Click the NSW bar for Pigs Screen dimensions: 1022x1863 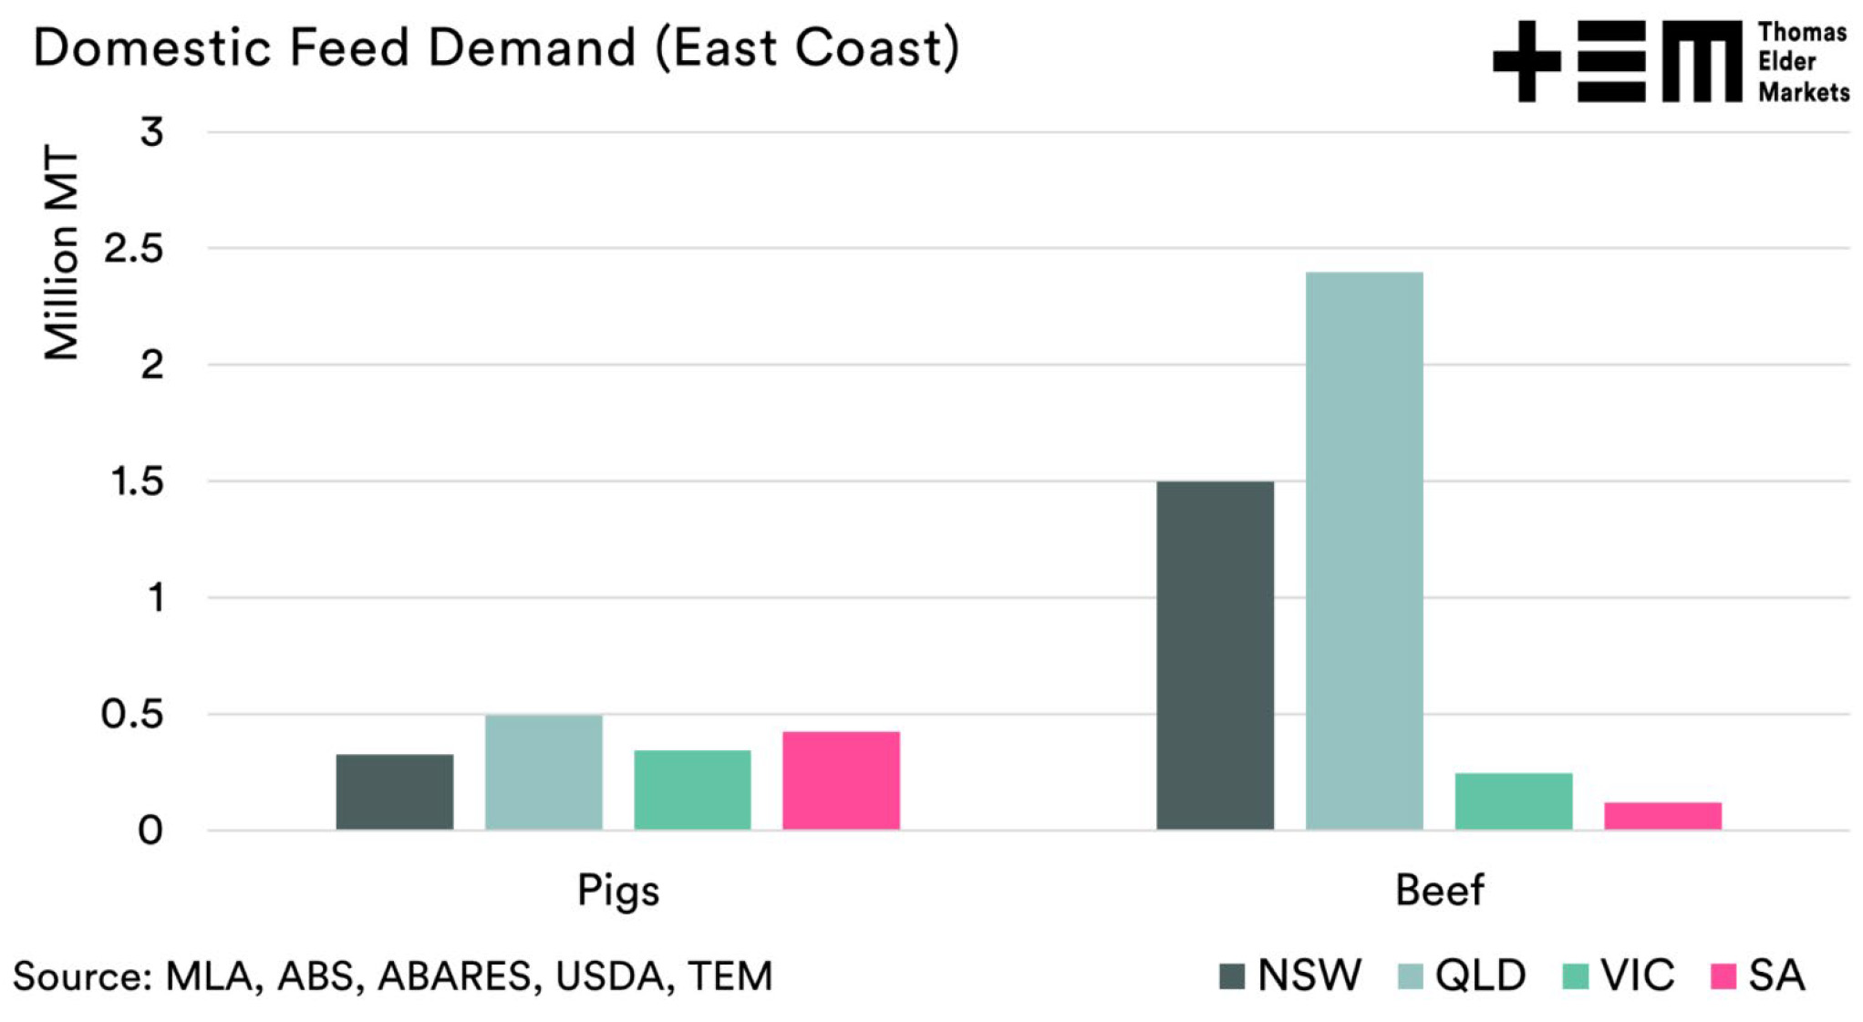(394, 791)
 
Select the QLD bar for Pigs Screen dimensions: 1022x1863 (543, 772)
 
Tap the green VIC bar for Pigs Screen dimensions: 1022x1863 (692, 790)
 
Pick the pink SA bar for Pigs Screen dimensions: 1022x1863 (841, 780)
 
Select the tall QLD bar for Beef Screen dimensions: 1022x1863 (1364, 551)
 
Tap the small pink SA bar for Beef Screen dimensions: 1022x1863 (1662, 815)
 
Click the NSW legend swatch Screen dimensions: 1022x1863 (1232, 976)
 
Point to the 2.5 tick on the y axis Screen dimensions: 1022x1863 (134, 249)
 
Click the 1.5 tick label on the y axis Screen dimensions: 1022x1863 (137, 482)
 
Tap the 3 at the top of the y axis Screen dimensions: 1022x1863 (151, 133)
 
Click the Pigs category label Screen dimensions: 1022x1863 (618, 891)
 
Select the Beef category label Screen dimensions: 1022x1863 (1439, 891)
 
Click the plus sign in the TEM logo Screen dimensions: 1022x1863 (1526, 62)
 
